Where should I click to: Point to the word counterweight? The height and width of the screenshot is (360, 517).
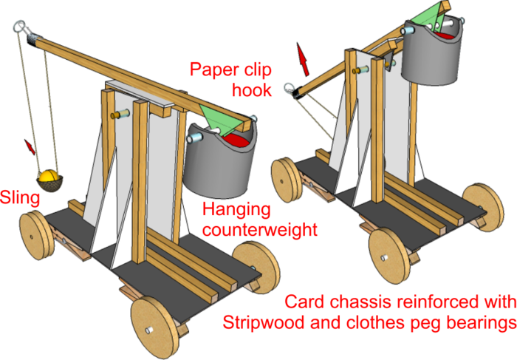click(260, 230)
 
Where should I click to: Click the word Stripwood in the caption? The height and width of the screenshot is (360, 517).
click(258, 323)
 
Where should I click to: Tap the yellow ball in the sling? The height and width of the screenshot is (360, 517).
click(49, 177)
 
